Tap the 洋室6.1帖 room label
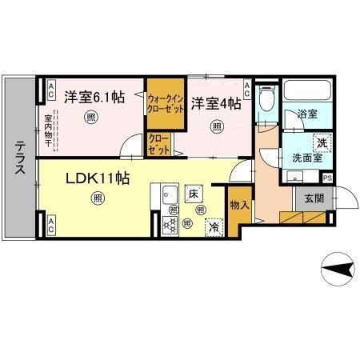point(95,98)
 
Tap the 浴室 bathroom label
point(306,114)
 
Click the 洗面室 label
point(306,158)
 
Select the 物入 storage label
point(238,206)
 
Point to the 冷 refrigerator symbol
point(214,226)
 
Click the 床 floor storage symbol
point(193,194)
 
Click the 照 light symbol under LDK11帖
point(97,198)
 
